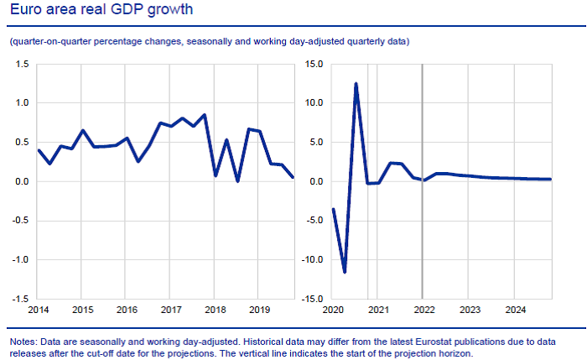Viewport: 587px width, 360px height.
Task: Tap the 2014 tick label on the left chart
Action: pyautogui.click(x=38, y=310)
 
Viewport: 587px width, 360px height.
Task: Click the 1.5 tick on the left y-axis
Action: pyautogui.click(x=23, y=64)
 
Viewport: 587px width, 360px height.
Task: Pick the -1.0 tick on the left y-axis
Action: pyautogui.click(x=21, y=259)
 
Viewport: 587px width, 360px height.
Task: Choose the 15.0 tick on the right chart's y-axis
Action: pyautogui.click(x=314, y=64)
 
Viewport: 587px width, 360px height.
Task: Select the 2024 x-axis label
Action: pyautogui.click(x=514, y=310)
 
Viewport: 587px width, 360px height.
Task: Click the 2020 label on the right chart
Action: pyautogui.click(x=333, y=310)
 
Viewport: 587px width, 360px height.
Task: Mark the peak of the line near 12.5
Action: pyautogui.click(x=356, y=84)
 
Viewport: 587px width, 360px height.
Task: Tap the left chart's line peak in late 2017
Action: pyautogui.click(x=205, y=115)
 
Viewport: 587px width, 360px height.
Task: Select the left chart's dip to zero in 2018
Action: pyautogui.click(x=238, y=180)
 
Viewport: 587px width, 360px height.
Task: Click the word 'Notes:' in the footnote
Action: pyautogui.click(x=23, y=342)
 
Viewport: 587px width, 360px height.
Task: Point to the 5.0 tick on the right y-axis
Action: pyautogui.click(x=316, y=142)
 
